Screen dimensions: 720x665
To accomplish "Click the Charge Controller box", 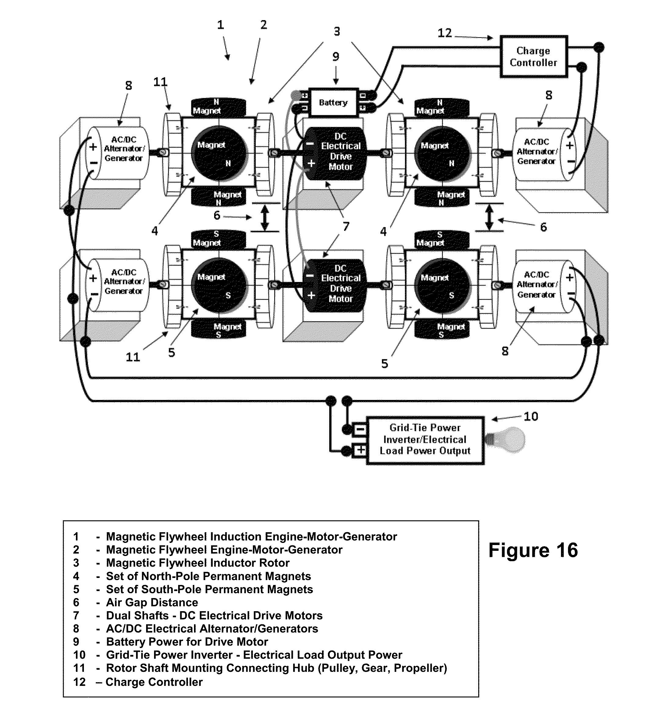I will tap(533, 56).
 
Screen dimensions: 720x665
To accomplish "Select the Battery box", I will tap(334, 102).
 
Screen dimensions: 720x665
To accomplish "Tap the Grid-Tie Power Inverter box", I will tap(425, 440).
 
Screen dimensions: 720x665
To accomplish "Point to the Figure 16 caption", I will tap(533, 550).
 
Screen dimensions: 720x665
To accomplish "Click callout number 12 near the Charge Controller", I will tap(444, 33).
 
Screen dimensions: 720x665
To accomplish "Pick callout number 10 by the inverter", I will tap(531, 416).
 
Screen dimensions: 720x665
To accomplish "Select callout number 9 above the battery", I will tap(335, 56).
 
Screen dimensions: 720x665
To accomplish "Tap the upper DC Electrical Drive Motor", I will tap(336, 152).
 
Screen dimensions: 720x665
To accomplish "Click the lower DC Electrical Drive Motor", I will tap(336, 284).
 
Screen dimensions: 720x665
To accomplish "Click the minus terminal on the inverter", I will tap(360, 430).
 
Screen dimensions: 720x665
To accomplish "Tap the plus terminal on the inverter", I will tap(360, 450).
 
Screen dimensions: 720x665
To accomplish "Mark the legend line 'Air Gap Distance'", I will tap(152, 602).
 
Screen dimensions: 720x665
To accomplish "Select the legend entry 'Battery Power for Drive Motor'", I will tap(187, 642).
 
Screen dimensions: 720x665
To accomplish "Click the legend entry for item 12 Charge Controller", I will tap(154, 682).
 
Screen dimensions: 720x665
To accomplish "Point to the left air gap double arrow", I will tap(265, 218).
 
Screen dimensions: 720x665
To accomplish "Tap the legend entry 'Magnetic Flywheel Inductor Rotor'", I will tap(198, 563).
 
